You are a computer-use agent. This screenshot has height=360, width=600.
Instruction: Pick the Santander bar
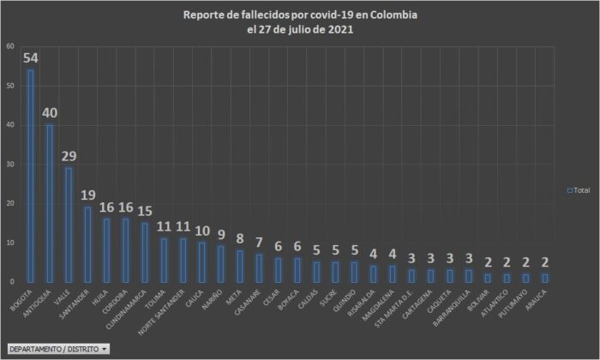pyautogui.click(x=87, y=244)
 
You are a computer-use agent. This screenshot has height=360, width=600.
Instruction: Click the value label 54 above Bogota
pyautogui.click(x=31, y=58)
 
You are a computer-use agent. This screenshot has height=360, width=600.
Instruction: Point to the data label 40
pyautogui.click(x=51, y=113)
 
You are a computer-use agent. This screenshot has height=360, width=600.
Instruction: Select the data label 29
pyautogui.click(x=70, y=156)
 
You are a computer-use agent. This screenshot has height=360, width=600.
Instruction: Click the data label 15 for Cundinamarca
pyautogui.click(x=146, y=211)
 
